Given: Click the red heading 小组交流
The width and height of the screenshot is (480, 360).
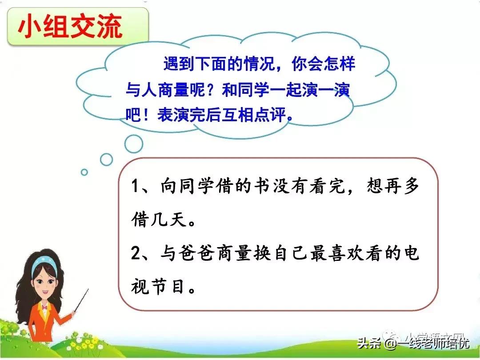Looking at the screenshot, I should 70,28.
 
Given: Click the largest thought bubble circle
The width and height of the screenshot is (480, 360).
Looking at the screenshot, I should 133,144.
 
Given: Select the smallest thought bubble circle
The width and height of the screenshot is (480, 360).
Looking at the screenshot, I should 84,172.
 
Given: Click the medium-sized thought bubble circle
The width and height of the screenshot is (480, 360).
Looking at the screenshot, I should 107,159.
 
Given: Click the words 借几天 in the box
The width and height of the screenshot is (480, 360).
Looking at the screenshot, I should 162,220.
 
